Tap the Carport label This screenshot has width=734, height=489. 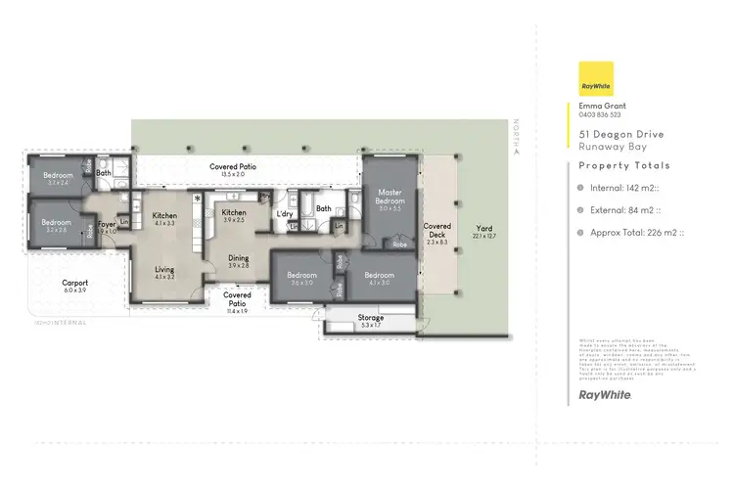tap(75, 283)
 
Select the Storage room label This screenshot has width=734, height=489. tap(371, 318)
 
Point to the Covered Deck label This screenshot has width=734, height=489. tap(436, 226)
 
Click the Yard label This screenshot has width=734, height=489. tap(484, 227)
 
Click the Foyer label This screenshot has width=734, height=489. tap(106, 224)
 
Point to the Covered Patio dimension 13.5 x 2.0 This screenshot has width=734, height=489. tap(233, 175)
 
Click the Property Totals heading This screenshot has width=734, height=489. tap(624, 165)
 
